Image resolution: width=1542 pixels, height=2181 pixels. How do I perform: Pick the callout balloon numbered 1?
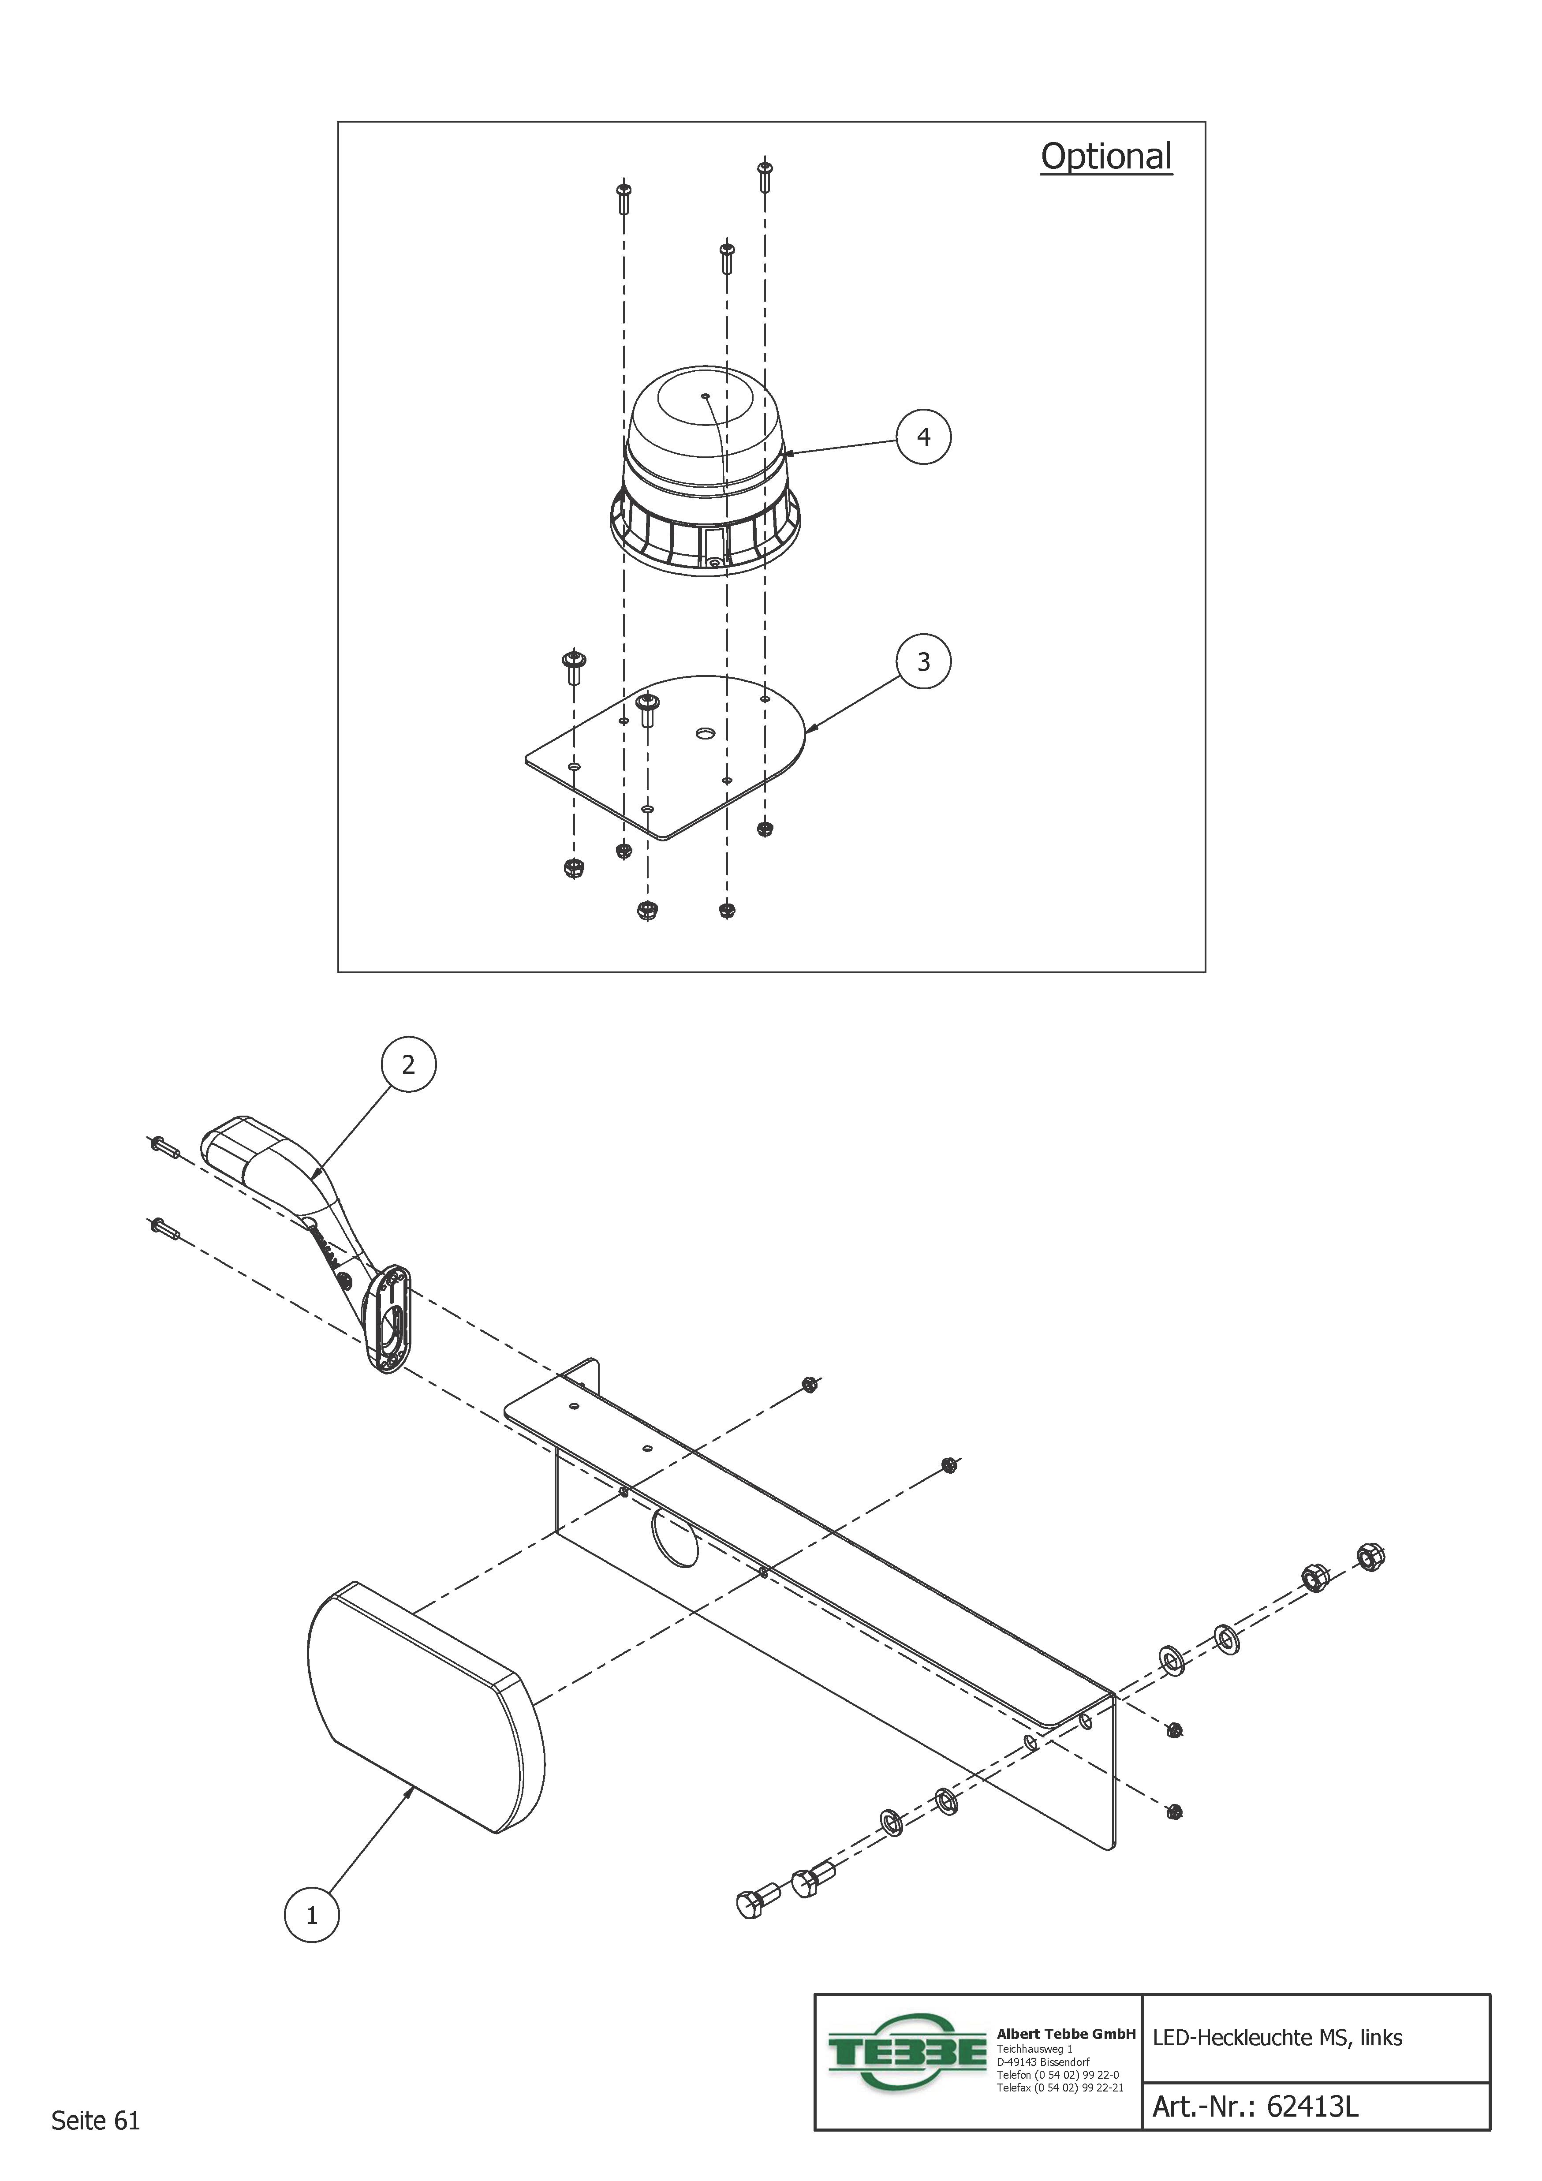(312, 1915)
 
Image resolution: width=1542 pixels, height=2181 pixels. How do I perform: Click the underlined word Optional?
(1106, 157)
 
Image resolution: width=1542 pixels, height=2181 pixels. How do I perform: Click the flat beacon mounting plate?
(665, 760)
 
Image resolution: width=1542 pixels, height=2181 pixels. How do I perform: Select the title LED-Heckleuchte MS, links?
(1277, 2038)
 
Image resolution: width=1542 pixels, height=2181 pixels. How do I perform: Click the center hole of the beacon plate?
(704, 734)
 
